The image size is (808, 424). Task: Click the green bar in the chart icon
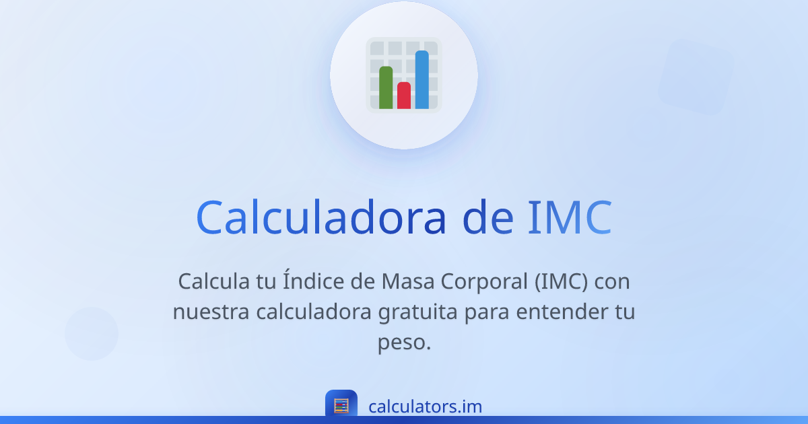(x=386, y=87)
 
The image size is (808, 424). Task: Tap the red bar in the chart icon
(x=404, y=96)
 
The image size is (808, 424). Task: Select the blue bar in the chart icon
(x=422, y=79)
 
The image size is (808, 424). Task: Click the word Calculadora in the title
(x=321, y=217)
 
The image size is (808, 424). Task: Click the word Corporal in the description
(x=485, y=281)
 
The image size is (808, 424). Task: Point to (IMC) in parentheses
(x=562, y=281)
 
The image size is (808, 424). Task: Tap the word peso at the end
(x=403, y=343)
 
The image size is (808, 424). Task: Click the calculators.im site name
(x=425, y=407)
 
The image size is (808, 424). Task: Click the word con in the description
(x=612, y=281)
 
